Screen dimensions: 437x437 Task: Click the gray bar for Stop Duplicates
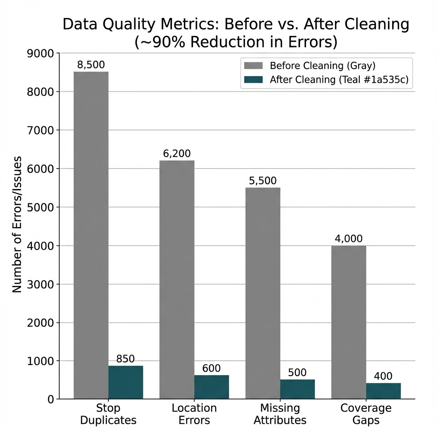point(91,235)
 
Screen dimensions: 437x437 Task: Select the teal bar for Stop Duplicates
point(125,382)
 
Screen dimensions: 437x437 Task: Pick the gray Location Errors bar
point(177,280)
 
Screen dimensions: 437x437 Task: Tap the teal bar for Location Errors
point(211,387)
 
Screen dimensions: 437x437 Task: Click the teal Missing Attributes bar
point(297,389)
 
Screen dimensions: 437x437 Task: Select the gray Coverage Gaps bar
point(349,322)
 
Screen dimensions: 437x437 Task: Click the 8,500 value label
point(91,65)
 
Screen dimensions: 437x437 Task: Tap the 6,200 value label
point(177,154)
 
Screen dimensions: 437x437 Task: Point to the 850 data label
point(125,359)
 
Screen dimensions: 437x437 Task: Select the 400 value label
point(383,376)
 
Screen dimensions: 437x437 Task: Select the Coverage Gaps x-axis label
point(366,414)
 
